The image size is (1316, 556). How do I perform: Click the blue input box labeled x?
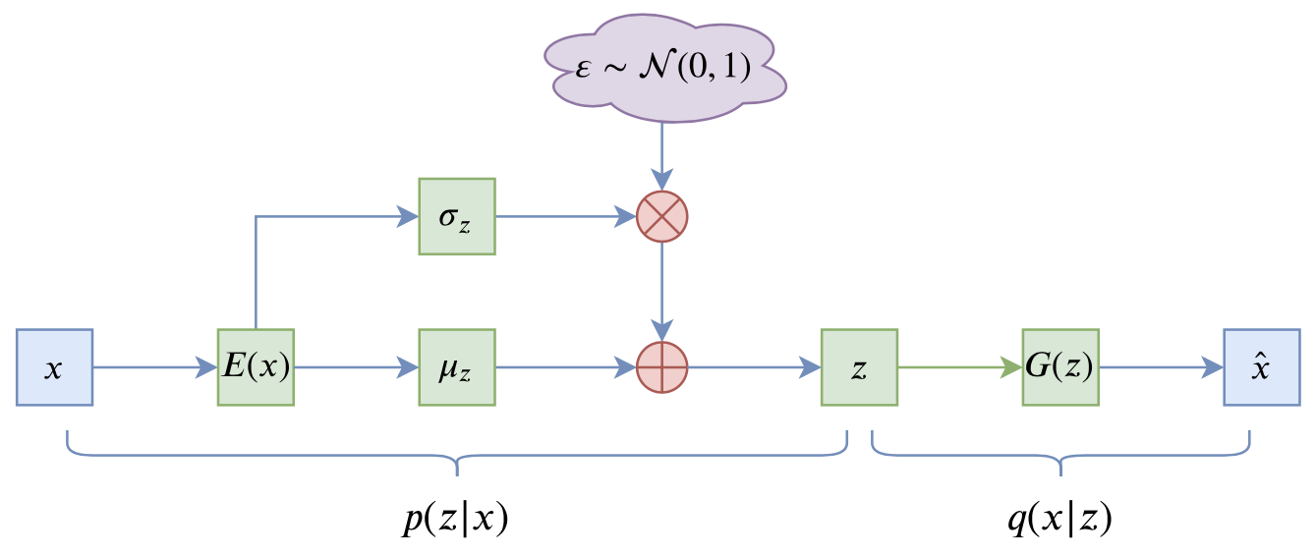point(54,367)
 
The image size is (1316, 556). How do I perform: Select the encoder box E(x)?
point(256,367)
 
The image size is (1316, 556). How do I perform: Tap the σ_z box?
point(457,216)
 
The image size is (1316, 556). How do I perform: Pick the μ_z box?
point(457,367)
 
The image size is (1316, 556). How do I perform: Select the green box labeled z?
point(859,367)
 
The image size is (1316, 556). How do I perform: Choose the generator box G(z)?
point(1060,367)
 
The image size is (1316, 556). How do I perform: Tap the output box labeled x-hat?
point(1261,367)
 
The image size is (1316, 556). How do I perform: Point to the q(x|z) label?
point(1059,520)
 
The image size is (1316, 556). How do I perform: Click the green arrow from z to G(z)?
point(958,367)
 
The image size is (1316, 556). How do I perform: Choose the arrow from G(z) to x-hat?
point(1161,367)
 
